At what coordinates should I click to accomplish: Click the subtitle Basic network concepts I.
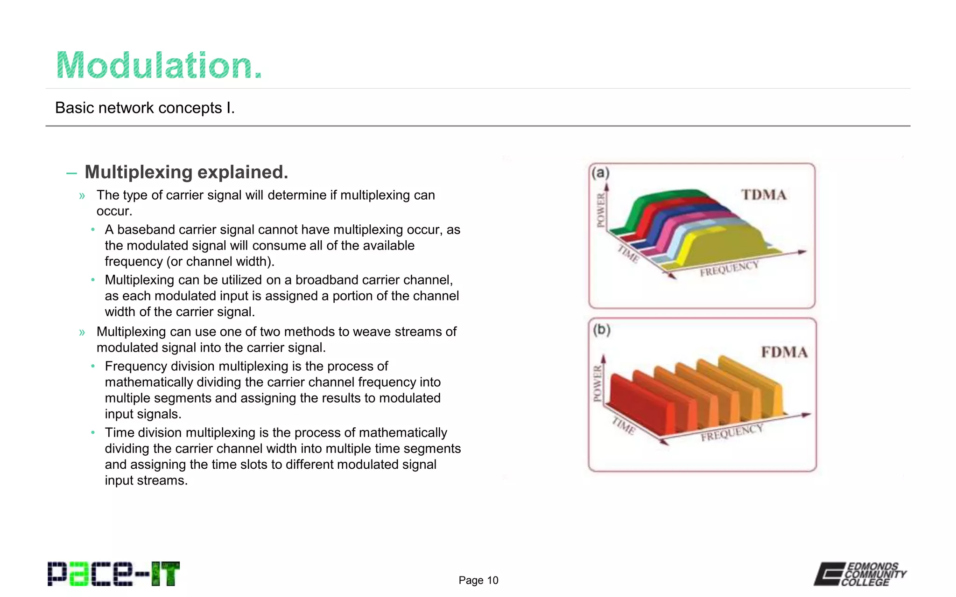pyautogui.click(x=145, y=108)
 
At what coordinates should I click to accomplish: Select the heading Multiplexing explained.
pyautogui.click(x=186, y=172)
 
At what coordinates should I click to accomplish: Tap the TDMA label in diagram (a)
pyautogui.click(x=764, y=194)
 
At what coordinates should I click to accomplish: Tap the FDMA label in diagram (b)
pyautogui.click(x=784, y=352)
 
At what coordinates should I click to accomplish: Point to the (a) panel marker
pyautogui.click(x=600, y=173)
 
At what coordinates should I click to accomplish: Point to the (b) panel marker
pyautogui.click(x=602, y=330)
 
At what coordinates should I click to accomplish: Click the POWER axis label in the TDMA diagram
pyautogui.click(x=601, y=210)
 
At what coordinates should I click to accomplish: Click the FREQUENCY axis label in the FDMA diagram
pyautogui.click(x=731, y=432)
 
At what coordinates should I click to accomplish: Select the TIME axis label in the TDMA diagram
pyautogui.click(x=628, y=254)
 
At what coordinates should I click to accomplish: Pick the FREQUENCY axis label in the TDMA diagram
pyautogui.click(x=729, y=269)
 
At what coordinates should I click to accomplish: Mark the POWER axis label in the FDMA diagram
pyautogui.click(x=597, y=383)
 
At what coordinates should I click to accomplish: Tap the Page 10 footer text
pyautogui.click(x=478, y=580)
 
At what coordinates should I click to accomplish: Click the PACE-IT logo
pyautogui.click(x=113, y=574)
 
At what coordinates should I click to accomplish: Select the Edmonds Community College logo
pyautogui.click(x=860, y=574)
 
